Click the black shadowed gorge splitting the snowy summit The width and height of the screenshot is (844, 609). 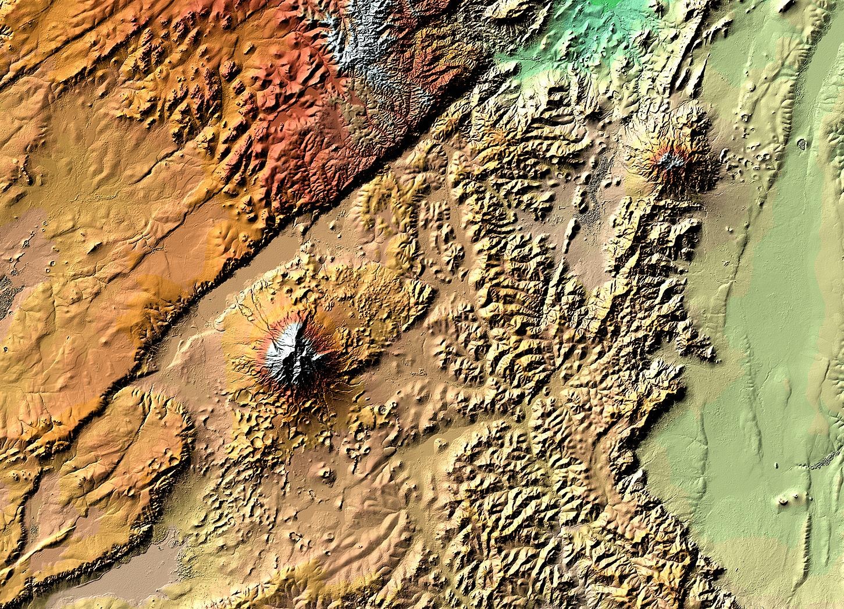point(291,367)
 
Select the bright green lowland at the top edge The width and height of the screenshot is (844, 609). point(582,35)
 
